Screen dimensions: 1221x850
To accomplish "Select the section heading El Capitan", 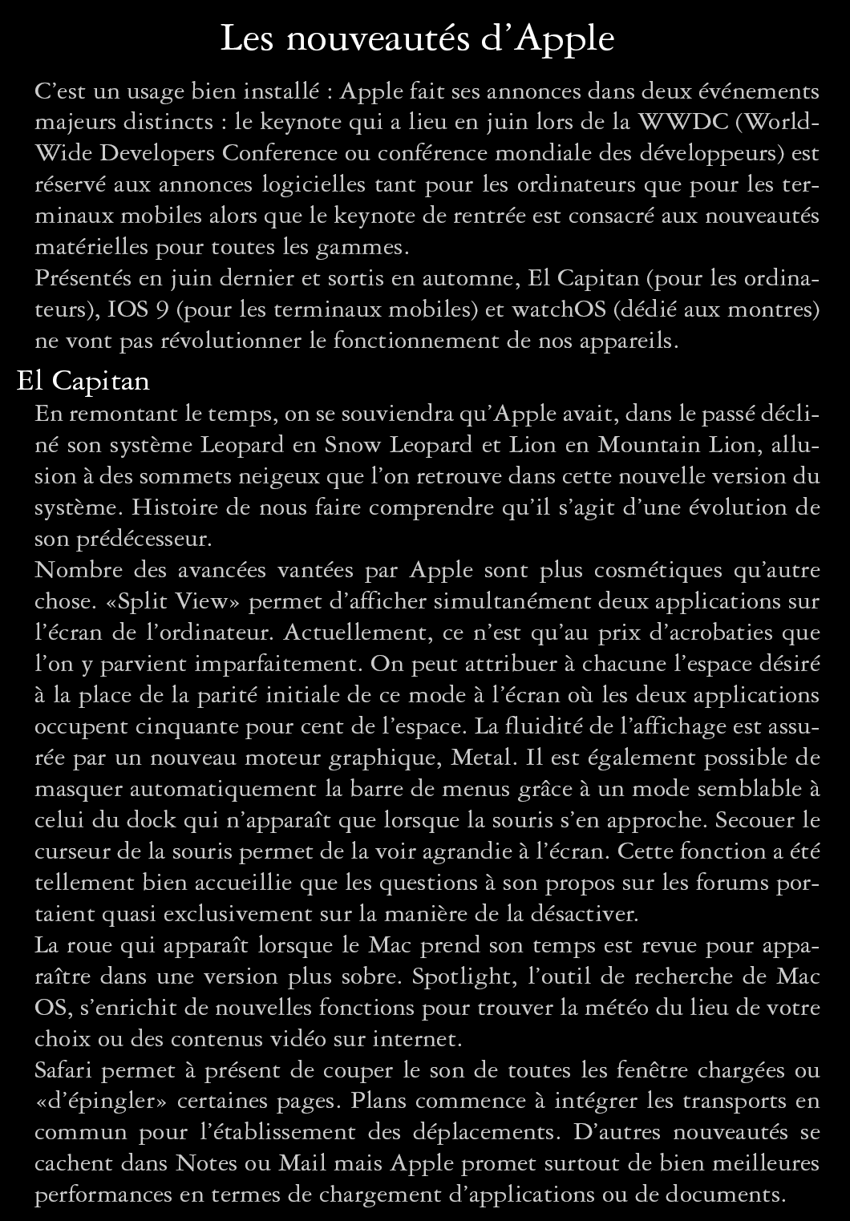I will (x=83, y=381).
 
